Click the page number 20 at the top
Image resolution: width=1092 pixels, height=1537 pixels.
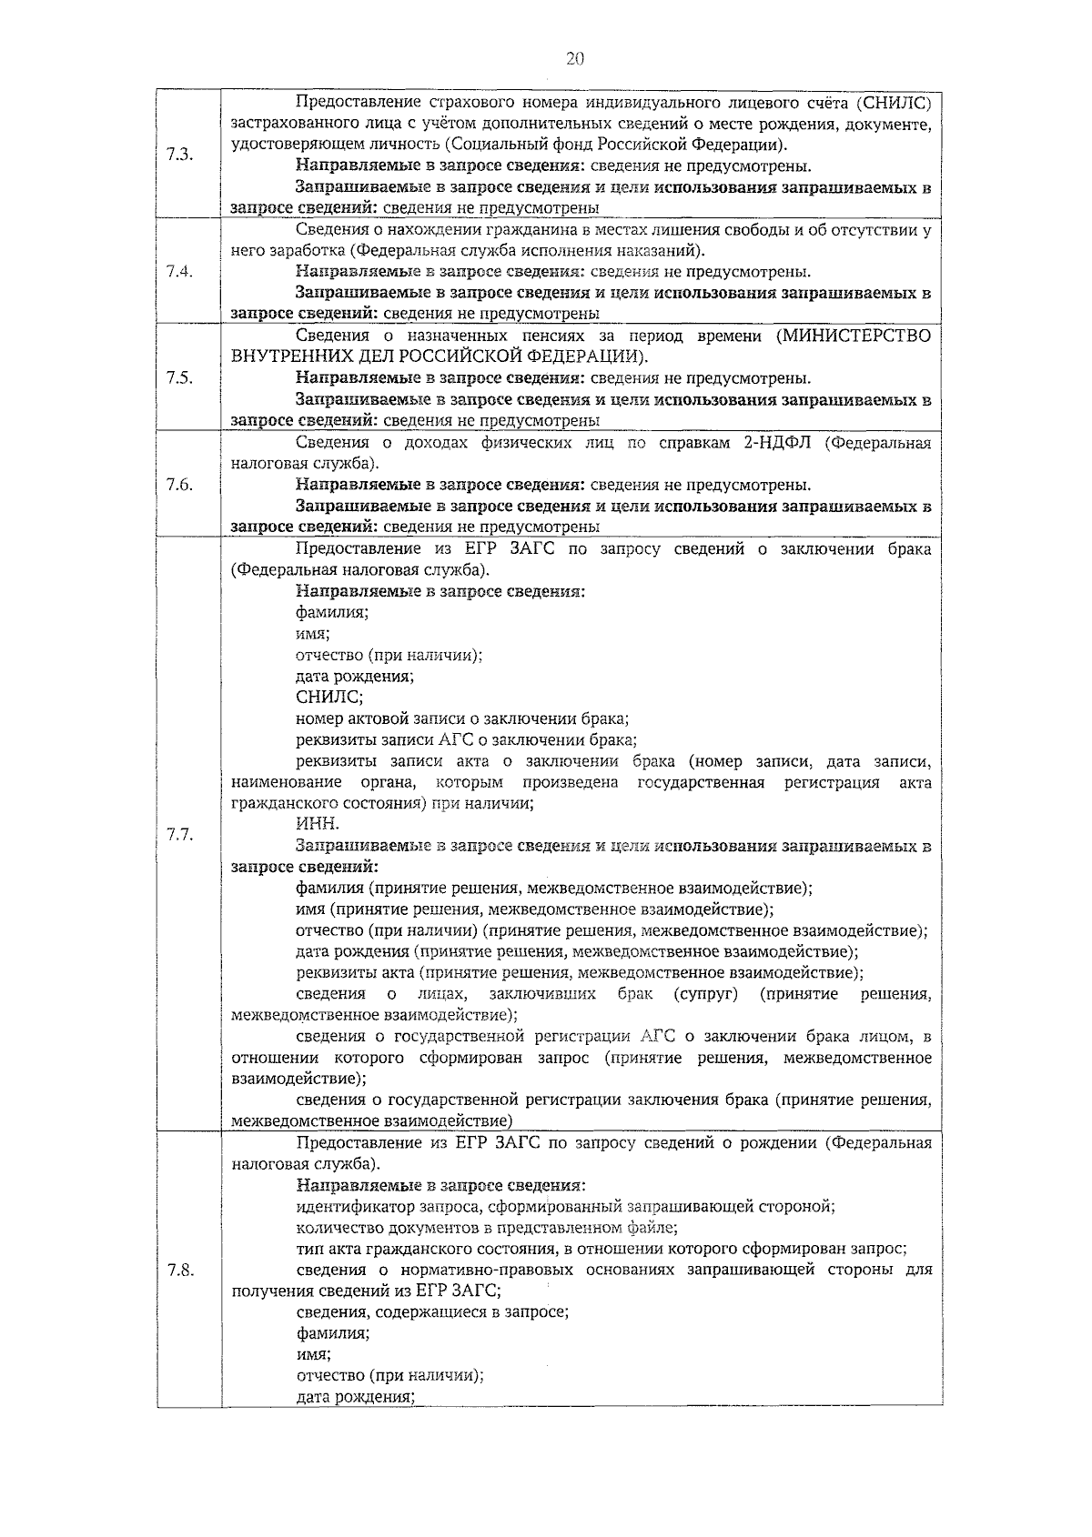pyautogui.click(x=574, y=60)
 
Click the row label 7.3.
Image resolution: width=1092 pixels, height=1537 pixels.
pyautogui.click(x=179, y=154)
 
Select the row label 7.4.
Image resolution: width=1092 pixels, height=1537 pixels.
pyautogui.click(x=179, y=272)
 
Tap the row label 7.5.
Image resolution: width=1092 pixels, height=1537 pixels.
pyautogui.click(x=179, y=378)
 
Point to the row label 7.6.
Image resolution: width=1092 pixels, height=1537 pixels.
pyautogui.click(x=179, y=485)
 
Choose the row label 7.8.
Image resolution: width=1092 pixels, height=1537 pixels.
pyautogui.click(x=179, y=1271)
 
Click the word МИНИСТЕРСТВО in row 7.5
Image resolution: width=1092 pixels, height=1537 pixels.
pyautogui.click(x=854, y=336)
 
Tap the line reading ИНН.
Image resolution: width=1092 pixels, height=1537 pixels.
pyautogui.click(x=318, y=824)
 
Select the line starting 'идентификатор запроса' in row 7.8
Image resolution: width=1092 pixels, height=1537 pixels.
pyautogui.click(x=565, y=1207)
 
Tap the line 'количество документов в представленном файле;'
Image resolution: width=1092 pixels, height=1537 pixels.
pyautogui.click(x=487, y=1228)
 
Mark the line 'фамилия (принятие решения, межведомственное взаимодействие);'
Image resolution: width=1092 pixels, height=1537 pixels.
pyautogui.click(x=554, y=889)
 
